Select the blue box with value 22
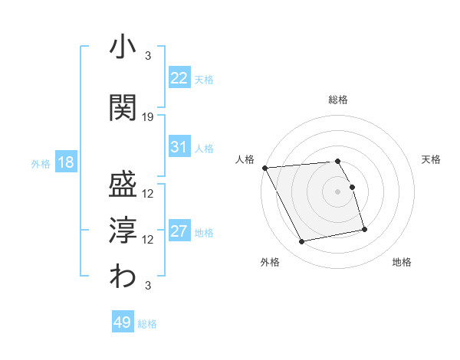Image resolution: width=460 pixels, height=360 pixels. pyautogui.click(x=179, y=78)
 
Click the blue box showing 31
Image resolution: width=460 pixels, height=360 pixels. pyautogui.click(x=179, y=147)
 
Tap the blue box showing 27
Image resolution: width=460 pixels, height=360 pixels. pyautogui.click(x=179, y=231)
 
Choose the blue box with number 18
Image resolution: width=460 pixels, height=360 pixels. pyautogui.click(x=65, y=163)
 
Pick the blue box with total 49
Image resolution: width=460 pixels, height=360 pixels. pyautogui.click(x=123, y=322)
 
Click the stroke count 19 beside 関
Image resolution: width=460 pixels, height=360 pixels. pyautogui.click(x=148, y=116)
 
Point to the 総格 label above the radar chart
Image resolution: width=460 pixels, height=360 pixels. pyautogui.click(x=338, y=100)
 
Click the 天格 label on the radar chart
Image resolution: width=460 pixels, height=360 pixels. pyautogui.click(x=432, y=159)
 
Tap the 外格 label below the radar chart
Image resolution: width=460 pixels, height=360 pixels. pyautogui.click(x=270, y=262)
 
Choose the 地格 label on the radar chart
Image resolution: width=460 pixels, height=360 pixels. pyautogui.click(x=402, y=262)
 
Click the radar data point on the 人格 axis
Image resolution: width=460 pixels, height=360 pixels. pyautogui.click(x=264, y=167)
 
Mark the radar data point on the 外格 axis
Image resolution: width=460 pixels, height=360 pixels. pyautogui.click(x=302, y=242)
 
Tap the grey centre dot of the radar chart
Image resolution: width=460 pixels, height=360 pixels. pyautogui.click(x=338, y=191)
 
